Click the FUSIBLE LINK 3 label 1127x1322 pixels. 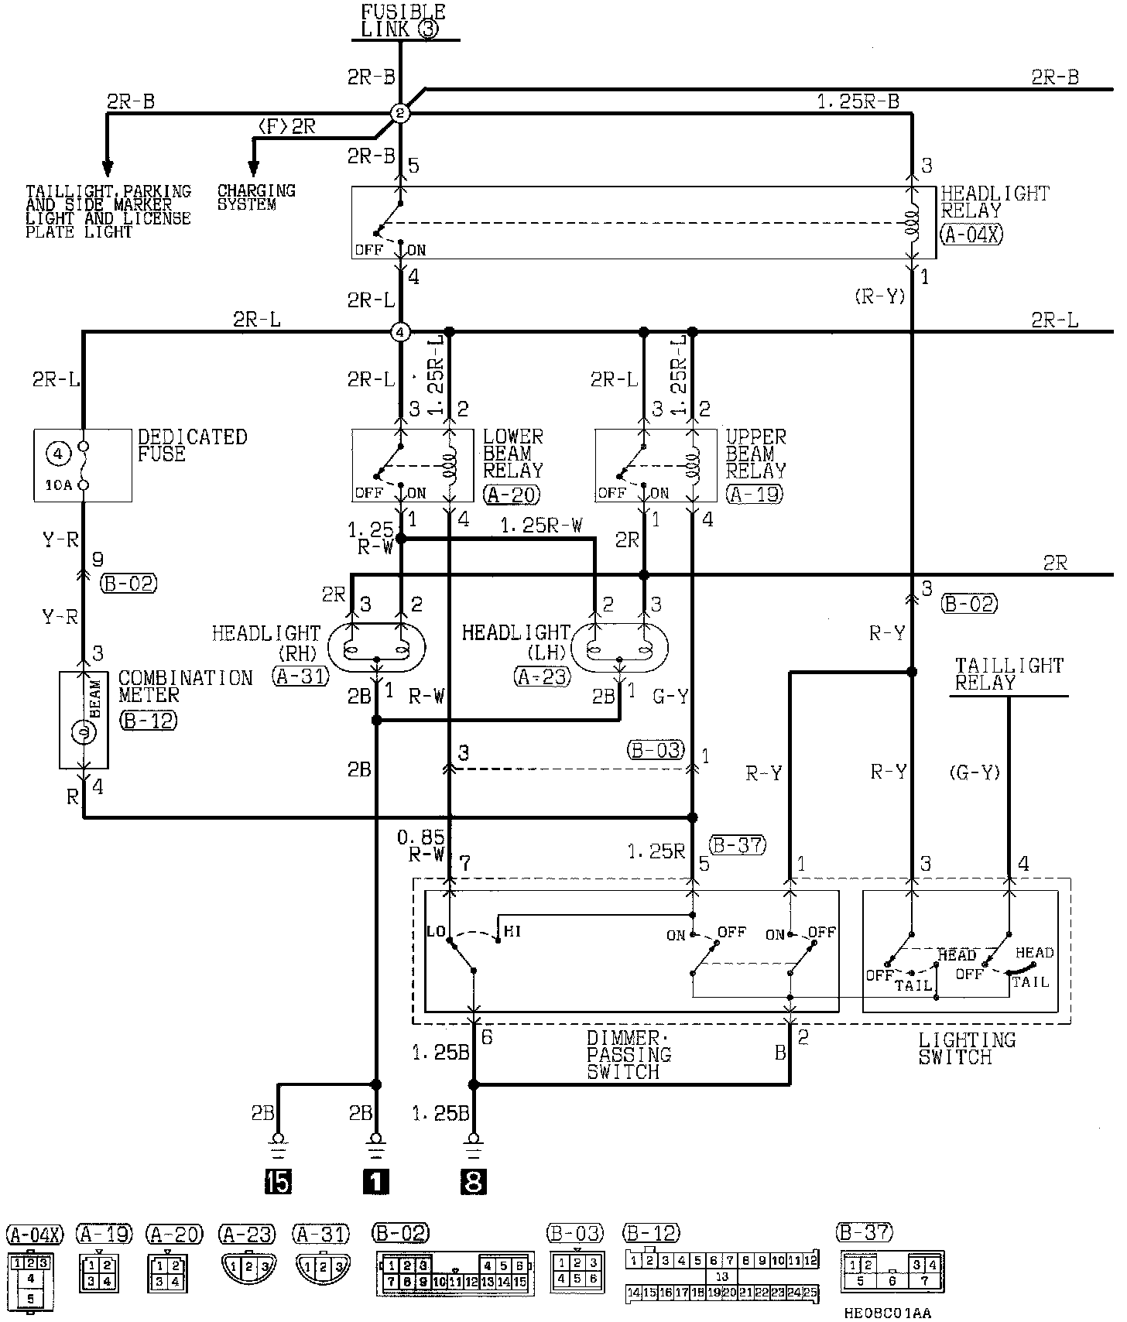(403, 21)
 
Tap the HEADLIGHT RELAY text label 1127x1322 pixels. (994, 201)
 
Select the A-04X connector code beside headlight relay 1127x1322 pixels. (971, 235)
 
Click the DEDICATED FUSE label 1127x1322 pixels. (192, 445)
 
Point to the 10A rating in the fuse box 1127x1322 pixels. (53, 486)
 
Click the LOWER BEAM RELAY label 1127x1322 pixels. (512, 454)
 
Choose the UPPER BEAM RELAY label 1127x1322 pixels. (755, 454)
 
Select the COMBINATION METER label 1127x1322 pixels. (185, 687)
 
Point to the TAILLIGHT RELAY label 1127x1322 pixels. (1009, 674)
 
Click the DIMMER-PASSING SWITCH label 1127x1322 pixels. (629, 1055)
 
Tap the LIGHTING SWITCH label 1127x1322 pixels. (966, 1048)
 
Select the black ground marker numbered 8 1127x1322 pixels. (473, 1182)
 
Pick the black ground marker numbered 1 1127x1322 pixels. (376, 1182)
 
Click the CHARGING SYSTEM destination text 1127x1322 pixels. (255, 197)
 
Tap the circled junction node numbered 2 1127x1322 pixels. (400, 114)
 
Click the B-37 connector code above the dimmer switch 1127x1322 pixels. (738, 845)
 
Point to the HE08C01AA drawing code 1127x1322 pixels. (889, 1313)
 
